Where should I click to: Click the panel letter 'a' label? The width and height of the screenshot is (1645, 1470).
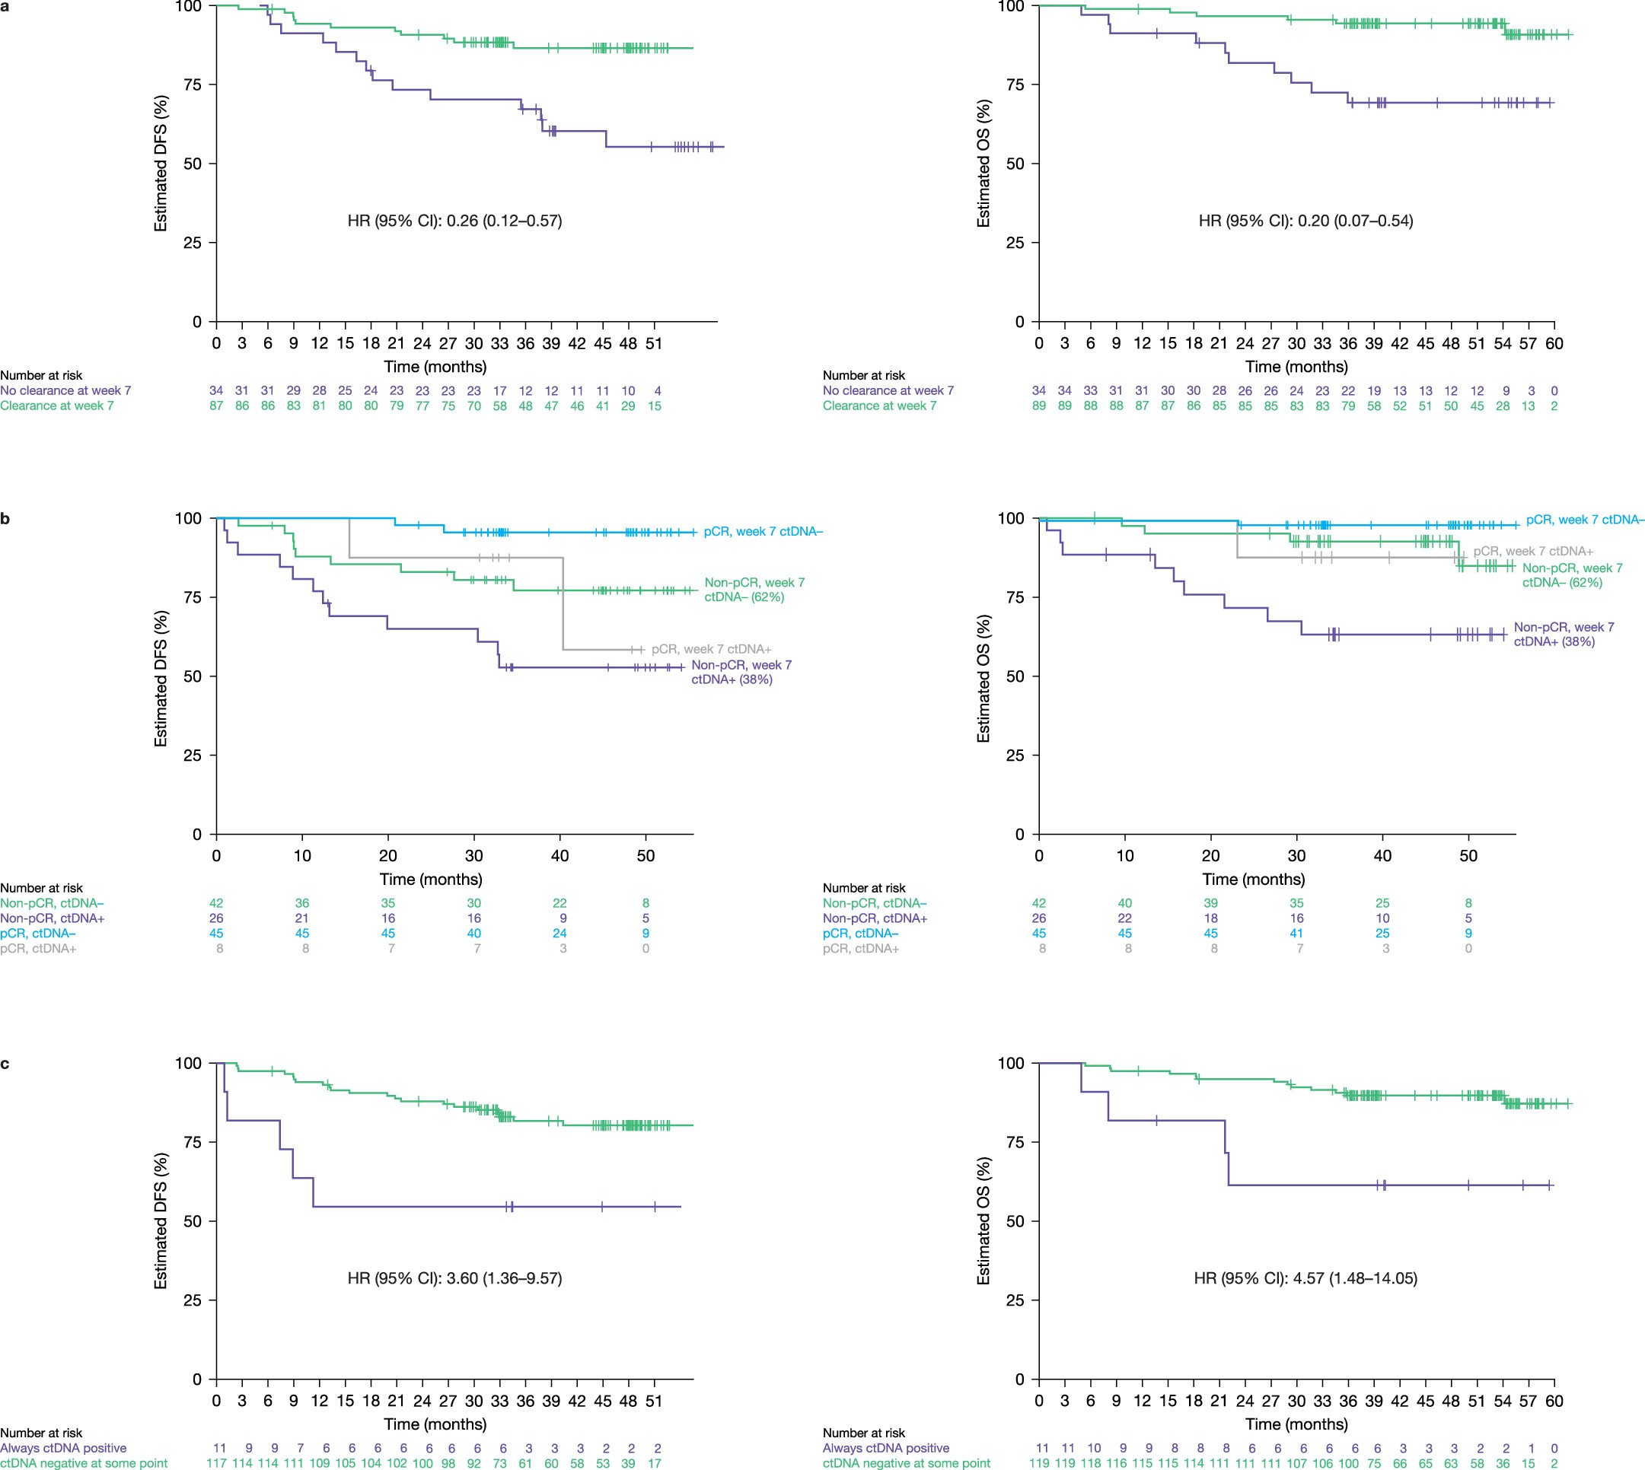pyautogui.click(x=5, y=5)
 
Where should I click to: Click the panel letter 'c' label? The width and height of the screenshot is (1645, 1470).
pyautogui.click(x=5, y=1063)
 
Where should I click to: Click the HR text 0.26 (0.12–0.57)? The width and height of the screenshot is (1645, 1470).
pyautogui.click(x=455, y=221)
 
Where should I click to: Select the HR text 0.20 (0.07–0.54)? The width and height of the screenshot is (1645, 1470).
pyautogui.click(x=1305, y=221)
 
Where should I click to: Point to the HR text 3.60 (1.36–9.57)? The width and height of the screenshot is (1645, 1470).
pyautogui.click(x=455, y=1277)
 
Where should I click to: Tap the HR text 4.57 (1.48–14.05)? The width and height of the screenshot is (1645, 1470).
pyautogui.click(x=1305, y=1277)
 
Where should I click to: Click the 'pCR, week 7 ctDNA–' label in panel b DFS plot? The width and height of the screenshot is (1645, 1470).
pyautogui.click(x=763, y=531)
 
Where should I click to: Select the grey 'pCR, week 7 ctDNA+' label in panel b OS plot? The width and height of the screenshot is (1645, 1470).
pyautogui.click(x=1532, y=551)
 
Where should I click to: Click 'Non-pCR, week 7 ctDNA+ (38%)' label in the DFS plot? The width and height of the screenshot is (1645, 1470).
pyautogui.click(x=741, y=672)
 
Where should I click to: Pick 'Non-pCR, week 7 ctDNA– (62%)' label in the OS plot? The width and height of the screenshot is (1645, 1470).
pyautogui.click(x=1571, y=575)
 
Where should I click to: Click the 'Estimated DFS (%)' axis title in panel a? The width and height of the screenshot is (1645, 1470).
pyautogui.click(x=161, y=163)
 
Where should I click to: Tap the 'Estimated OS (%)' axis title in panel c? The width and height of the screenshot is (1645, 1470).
pyautogui.click(x=983, y=1220)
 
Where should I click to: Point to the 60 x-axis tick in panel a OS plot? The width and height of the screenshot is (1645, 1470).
pyautogui.click(x=1554, y=343)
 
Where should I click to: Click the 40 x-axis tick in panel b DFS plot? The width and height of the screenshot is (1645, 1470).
pyautogui.click(x=560, y=856)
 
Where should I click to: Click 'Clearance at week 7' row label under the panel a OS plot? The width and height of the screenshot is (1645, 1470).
pyautogui.click(x=879, y=406)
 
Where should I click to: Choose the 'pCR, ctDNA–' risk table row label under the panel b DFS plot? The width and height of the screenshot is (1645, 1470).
pyautogui.click(x=38, y=933)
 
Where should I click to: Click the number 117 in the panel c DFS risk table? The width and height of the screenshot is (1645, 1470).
pyautogui.click(x=216, y=1462)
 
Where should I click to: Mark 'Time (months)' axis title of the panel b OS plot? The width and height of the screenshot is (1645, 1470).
pyautogui.click(x=1253, y=879)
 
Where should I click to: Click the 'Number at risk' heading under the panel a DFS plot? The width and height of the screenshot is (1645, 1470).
pyautogui.click(x=41, y=375)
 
